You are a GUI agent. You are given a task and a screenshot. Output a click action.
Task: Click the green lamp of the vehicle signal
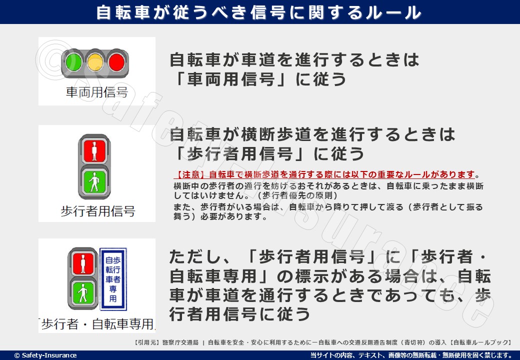[x=73, y=62]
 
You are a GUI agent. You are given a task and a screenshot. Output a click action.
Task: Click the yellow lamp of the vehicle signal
[x=95, y=62]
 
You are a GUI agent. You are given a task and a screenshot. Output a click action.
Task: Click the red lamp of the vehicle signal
[x=116, y=62]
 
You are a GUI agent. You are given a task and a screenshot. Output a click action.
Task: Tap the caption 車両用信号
[x=96, y=92]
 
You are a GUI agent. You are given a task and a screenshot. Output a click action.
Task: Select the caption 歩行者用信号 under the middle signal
[x=97, y=211]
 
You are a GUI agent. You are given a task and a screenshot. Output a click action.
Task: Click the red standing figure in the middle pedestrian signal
[x=95, y=149]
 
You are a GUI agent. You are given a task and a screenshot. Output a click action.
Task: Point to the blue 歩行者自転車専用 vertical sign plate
[x=113, y=278]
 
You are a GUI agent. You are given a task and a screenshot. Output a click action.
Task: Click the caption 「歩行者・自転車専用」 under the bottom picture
[x=97, y=324]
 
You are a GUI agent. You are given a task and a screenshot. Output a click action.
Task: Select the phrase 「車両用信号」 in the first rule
[x=230, y=79]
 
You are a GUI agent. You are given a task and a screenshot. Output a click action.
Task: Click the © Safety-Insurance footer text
[x=45, y=355]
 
